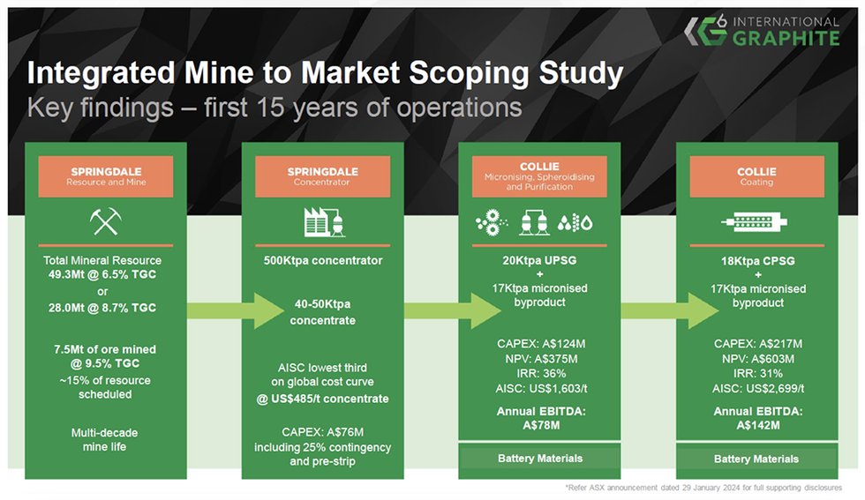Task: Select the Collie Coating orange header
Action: [756, 176]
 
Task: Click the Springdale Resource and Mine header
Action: [106, 176]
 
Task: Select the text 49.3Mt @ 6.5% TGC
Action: [106, 275]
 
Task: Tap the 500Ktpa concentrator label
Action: [323, 261]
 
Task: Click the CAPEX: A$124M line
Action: [538, 344]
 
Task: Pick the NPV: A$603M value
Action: [756, 359]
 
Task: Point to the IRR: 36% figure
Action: [538, 373]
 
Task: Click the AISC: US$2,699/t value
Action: [756, 388]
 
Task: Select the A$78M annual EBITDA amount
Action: [538, 426]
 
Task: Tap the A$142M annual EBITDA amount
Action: [756, 426]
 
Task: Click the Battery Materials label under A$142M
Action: [756, 459]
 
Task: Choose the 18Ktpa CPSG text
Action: [756, 261]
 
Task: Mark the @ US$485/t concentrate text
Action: [323, 399]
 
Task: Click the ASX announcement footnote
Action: [703, 488]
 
